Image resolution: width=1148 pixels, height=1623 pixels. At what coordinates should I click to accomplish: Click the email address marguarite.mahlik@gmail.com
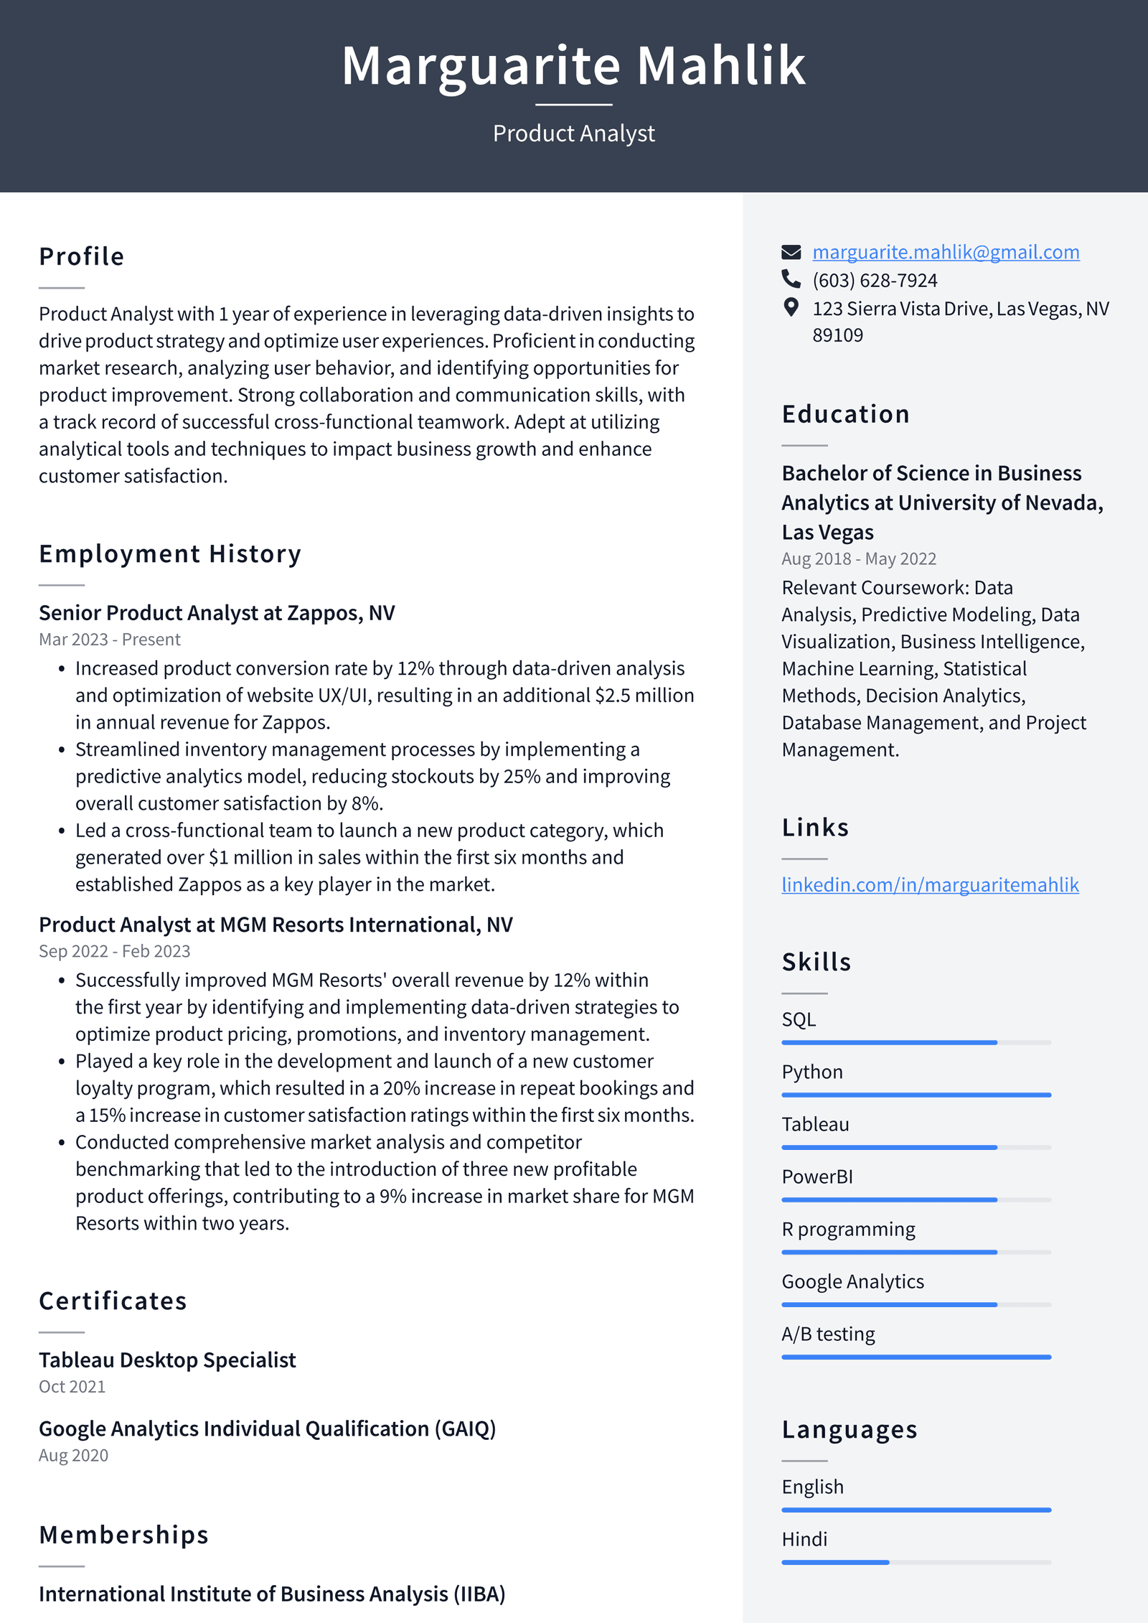(x=945, y=252)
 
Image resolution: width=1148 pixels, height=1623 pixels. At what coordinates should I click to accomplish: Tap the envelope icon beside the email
(x=791, y=252)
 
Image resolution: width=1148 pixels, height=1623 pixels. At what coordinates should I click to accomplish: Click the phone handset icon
(x=791, y=279)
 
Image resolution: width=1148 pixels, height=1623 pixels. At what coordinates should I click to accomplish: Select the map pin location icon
(x=791, y=307)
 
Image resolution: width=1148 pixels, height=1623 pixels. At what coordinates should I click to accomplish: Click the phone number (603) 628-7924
(x=874, y=280)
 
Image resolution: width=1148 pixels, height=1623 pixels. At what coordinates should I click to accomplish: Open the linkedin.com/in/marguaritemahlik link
(x=930, y=884)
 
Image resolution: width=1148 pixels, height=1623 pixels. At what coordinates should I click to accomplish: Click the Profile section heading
(x=82, y=256)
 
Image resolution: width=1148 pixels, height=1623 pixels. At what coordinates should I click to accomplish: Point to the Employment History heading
(x=170, y=553)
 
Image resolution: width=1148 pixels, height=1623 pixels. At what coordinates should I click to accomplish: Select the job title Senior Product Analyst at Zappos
(x=217, y=612)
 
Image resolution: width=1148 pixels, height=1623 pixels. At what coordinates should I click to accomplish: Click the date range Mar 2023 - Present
(x=109, y=639)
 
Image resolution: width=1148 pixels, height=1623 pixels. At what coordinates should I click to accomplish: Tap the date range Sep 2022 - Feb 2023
(x=114, y=950)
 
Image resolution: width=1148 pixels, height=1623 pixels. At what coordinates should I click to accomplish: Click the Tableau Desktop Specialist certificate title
(x=167, y=1360)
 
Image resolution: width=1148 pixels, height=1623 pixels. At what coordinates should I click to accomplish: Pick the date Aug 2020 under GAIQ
(x=73, y=1455)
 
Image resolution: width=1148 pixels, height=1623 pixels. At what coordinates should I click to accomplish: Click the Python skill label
(x=811, y=1072)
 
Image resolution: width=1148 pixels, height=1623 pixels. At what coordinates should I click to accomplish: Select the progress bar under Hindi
(x=916, y=1562)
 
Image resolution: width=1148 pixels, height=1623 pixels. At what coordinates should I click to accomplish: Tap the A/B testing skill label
(x=828, y=1334)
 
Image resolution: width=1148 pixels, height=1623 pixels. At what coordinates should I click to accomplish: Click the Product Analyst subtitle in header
(x=573, y=134)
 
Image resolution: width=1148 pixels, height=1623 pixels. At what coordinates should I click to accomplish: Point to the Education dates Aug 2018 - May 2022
(x=858, y=558)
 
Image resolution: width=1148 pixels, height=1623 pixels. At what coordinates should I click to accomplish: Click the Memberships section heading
(x=123, y=1534)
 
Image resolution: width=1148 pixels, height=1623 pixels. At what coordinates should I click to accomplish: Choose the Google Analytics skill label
(x=852, y=1281)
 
